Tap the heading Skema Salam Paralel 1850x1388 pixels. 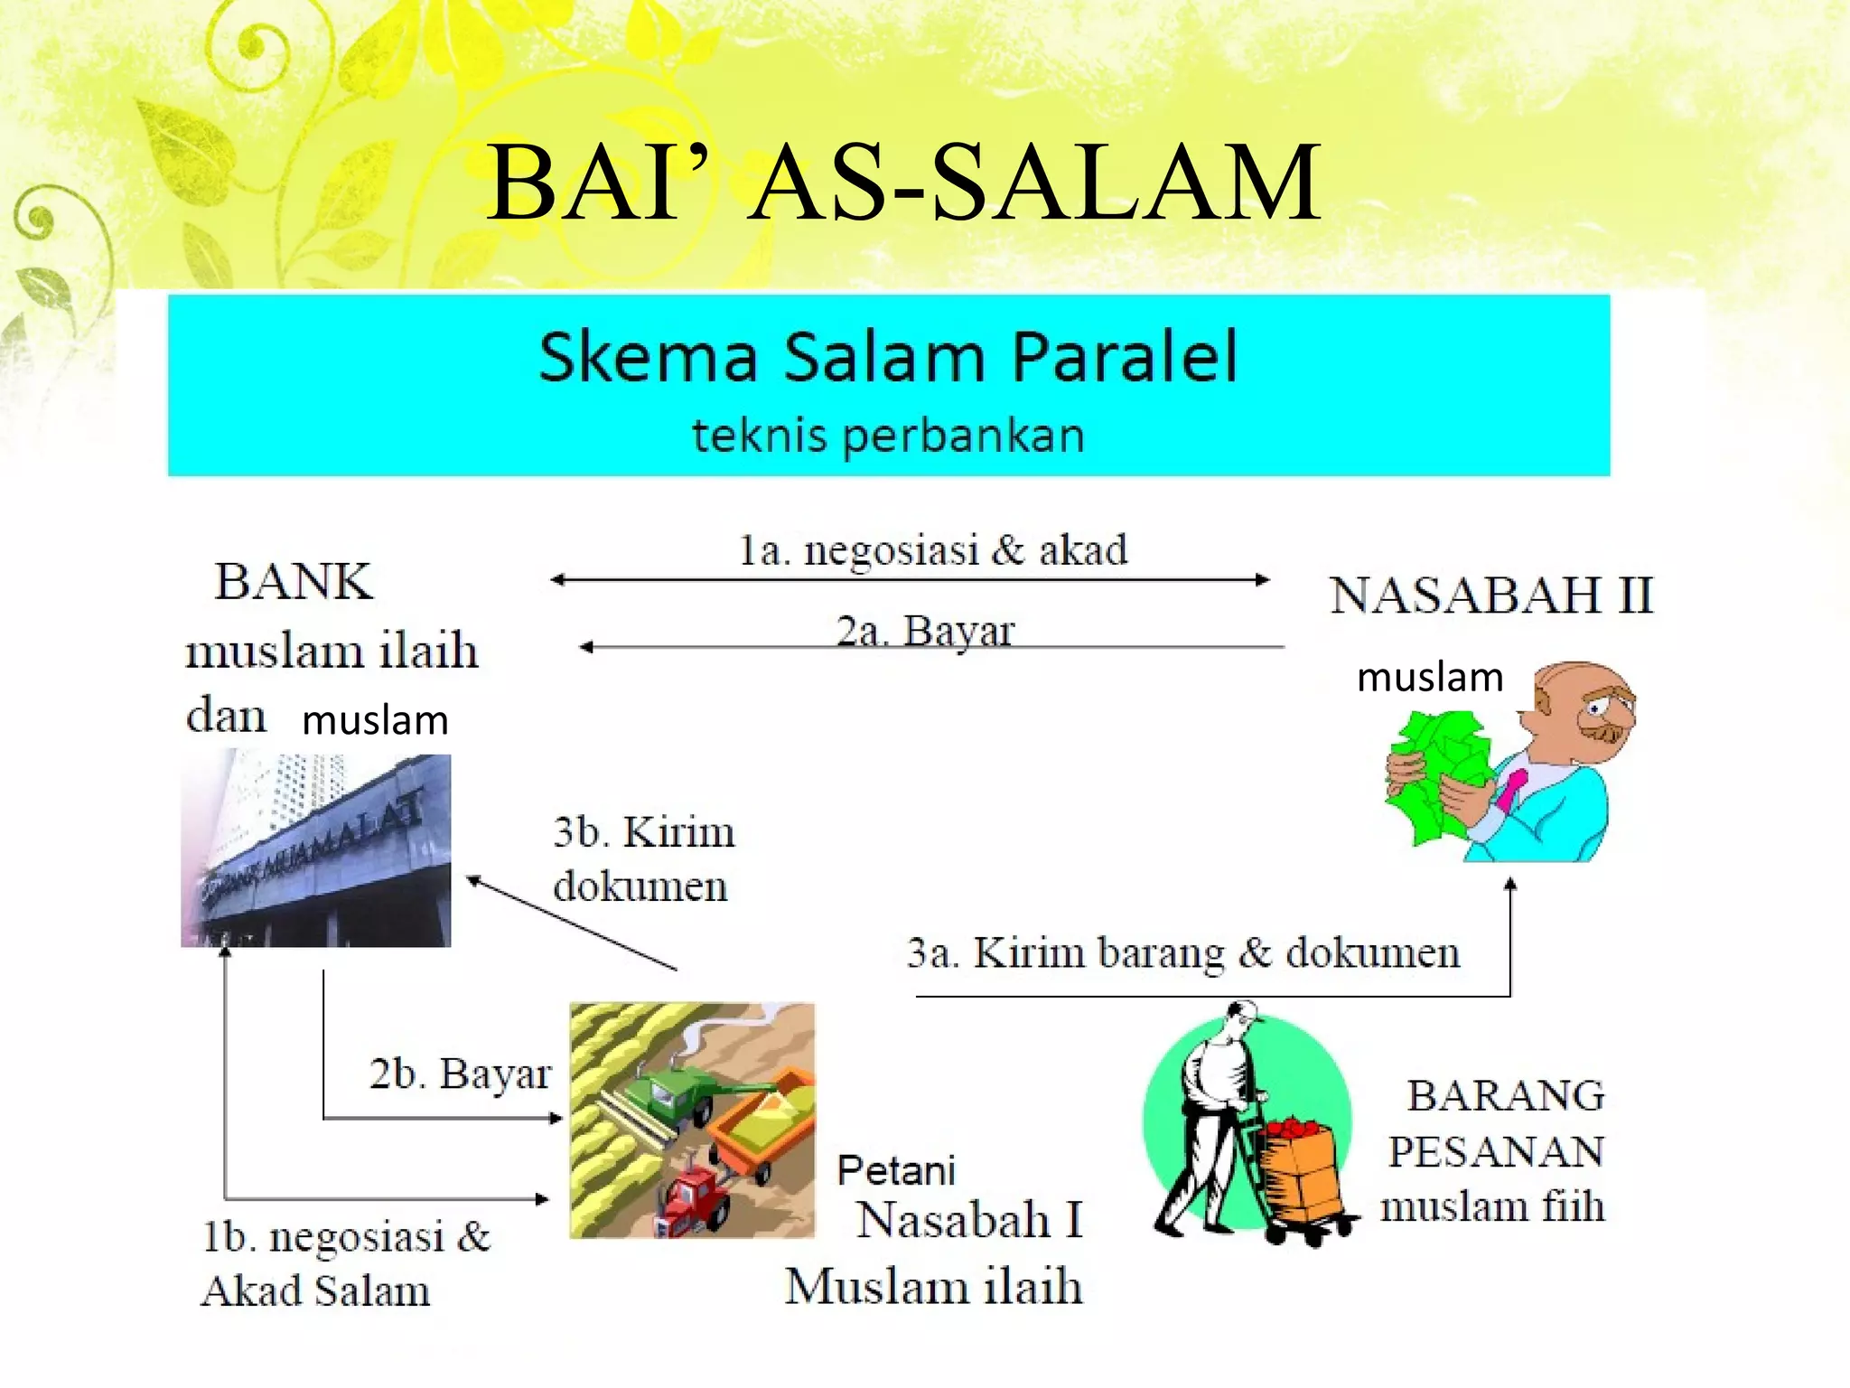pyautogui.click(x=888, y=357)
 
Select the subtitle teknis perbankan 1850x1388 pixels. pyautogui.click(x=888, y=436)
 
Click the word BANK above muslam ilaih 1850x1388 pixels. pyautogui.click(x=294, y=581)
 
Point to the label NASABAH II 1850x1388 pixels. pyautogui.click(x=1490, y=596)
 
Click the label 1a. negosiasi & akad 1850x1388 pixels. pyautogui.click(x=933, y=550)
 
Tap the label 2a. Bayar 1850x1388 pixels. pyautogui.click(x=925, y=631)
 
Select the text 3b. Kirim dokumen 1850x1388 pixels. pyautogui.click(x=643, y=858)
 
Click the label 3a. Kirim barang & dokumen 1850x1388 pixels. pyautogui.click(x=1183, y=953)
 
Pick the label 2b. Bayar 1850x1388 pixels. pyautogui.click(x=459, y=1074)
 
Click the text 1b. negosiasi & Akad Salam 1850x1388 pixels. pyautogui.click(x=343, y=1263)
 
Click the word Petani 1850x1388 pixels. pyautogui.click(x=895, y=1171)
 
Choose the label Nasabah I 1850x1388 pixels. pyautogui.click(x=969, y=1221)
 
